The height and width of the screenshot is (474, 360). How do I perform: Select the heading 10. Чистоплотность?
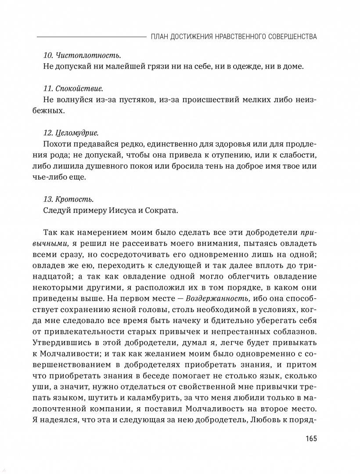pyautogui.click(x=83, y=56)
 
